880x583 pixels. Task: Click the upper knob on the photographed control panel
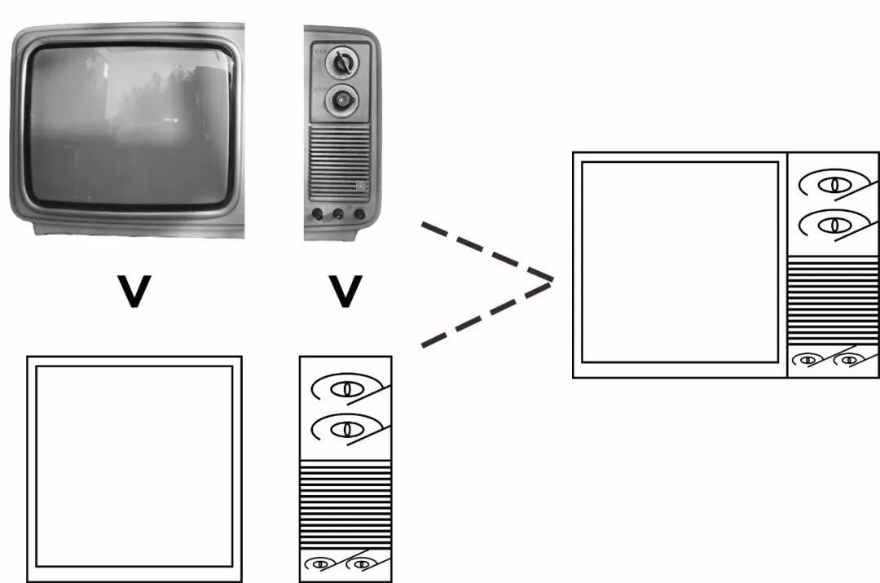[x=341, y=62]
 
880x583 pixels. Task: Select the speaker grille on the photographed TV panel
[x=339, y=163]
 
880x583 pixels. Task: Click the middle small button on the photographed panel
[x=338, y=215]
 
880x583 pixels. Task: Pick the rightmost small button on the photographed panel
[x=359, y=215]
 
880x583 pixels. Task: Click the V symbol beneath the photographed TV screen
[x=134, y=291]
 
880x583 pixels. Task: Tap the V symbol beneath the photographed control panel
[x=345, y=291]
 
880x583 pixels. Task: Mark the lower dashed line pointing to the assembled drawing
[x=486, y=313]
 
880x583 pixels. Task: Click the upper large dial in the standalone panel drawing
[x=346, y=388]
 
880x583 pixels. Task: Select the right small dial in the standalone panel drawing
[x=360, y=563]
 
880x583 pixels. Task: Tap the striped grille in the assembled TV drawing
[x=833, y=300]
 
